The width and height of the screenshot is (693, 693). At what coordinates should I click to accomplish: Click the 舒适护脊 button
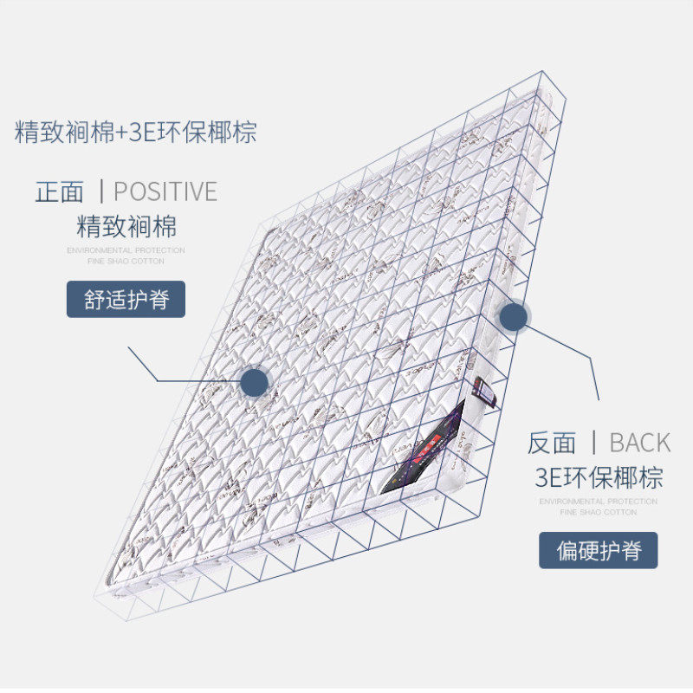click(126, 300)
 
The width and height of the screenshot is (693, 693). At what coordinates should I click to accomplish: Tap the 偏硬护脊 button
click(599, 551)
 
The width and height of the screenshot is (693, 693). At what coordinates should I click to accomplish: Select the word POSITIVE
click(165, 191)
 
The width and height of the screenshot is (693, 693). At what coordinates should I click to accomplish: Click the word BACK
click(640, 443)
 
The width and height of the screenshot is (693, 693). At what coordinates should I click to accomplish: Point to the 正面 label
click(60, 191)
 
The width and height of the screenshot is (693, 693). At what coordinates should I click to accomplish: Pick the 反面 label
click(552, 443)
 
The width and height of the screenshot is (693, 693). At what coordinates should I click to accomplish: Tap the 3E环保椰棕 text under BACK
click(599, 477)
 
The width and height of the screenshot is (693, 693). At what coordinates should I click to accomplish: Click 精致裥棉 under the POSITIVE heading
click(126, 227)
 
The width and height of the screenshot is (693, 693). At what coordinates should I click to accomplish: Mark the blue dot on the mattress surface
click(255, 381)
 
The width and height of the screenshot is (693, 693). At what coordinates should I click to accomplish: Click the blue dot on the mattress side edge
click(515, 316)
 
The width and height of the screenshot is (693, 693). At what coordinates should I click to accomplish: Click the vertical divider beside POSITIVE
click(101, 191)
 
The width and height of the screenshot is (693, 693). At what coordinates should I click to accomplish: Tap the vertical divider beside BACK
click(593, 442)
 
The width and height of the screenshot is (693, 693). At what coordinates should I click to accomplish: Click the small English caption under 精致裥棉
click(126, 255)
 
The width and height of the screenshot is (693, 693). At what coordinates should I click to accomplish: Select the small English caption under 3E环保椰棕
click(599, 507)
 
